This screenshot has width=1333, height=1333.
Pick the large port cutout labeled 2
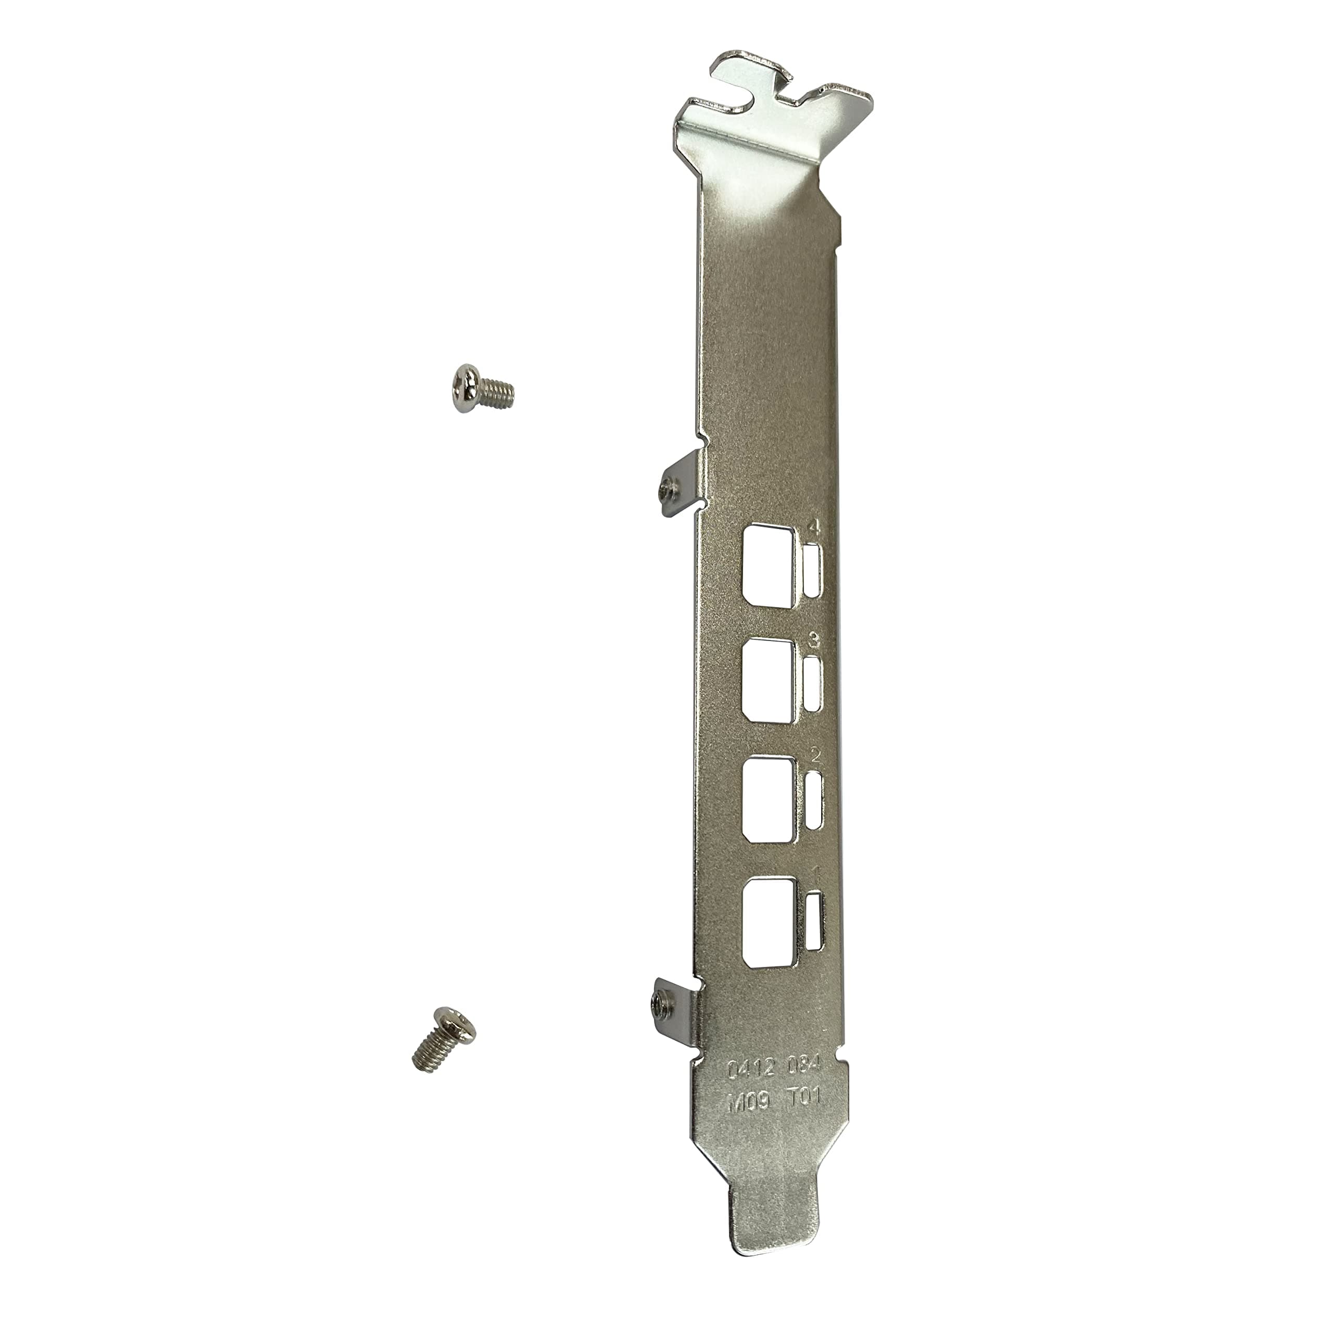(769, 800)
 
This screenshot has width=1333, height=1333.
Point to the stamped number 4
(814, 529)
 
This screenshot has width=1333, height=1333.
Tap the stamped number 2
(815, 756)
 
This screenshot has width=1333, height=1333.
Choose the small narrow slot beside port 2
(815, 799)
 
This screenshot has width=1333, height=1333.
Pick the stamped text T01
(804, 1118)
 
